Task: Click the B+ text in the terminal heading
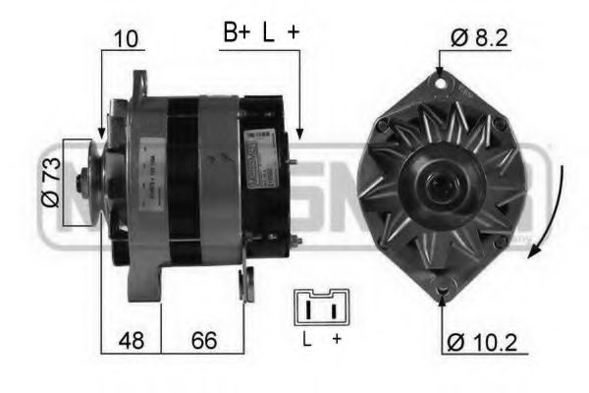point(237,32)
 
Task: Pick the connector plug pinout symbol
point(320,309)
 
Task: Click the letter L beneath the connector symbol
point(306,340)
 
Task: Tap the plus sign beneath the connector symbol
point(336,340)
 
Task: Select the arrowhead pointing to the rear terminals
point(298,133)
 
